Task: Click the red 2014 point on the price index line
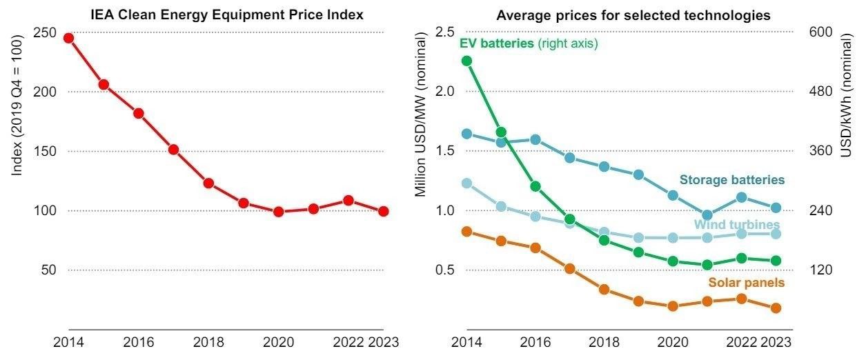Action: [x=69, y=38]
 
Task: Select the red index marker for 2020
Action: [x=279, y=212]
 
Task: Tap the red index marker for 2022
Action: [x=348, y=201]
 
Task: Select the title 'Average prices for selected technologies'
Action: [x=633, y=14]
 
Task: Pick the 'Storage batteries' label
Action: [x=732, y=180]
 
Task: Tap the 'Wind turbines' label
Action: [x=737, y=225]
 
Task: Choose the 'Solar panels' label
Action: [x=747, y=283]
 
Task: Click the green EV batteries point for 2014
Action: [x=466, y=61]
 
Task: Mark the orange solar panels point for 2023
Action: [x=776, y=308]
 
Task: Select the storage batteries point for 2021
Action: [x=707, y=215]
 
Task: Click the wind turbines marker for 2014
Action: [x=466, y=183]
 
